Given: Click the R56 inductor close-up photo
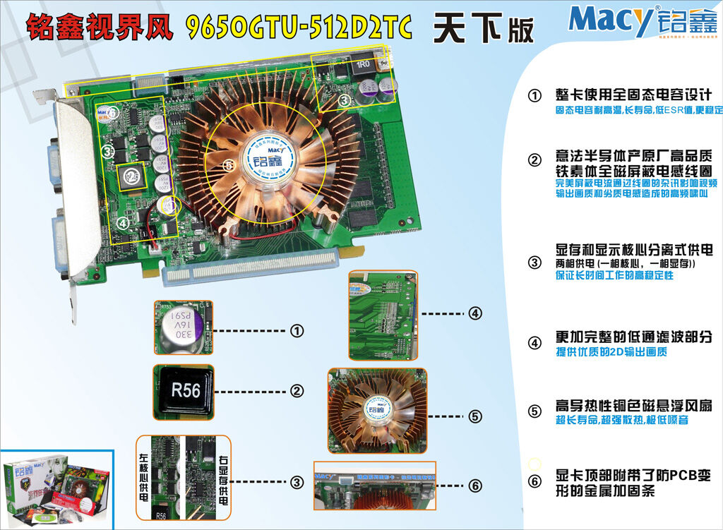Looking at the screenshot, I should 185,390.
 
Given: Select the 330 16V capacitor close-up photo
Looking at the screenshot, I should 184,326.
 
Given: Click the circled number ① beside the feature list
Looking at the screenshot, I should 534,96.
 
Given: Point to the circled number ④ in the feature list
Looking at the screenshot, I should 534,344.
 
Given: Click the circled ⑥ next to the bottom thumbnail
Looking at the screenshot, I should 475,486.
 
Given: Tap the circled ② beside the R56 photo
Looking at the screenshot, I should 297,390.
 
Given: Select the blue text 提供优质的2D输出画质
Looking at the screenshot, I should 611,351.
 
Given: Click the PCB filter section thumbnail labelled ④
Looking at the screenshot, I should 384,314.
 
